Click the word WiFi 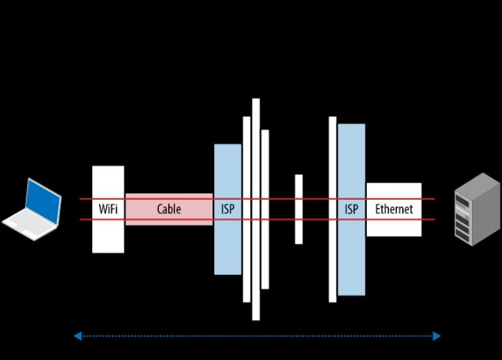[x=108, y=209]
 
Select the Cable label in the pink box [x=169, y=209]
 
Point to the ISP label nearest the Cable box [x=228, y=209]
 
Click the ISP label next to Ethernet [x=352, y=209]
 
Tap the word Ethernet [x=394, y=209]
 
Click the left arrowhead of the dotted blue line [x=78, y=335]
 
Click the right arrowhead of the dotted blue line [x=436, y=335]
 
